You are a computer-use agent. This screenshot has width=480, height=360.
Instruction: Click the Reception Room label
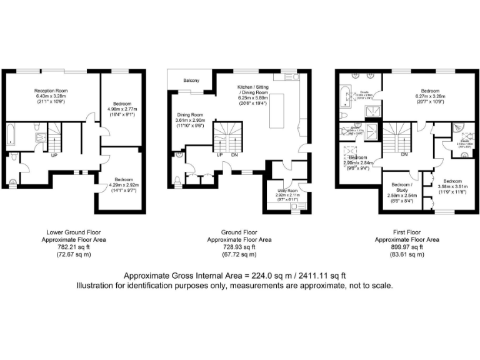51,91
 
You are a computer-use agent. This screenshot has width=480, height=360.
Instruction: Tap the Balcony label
191,81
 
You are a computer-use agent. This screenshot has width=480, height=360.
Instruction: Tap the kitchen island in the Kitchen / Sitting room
276,110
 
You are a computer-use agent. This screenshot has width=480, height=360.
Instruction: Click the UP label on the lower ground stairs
54,155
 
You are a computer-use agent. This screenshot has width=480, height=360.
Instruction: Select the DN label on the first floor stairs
404,154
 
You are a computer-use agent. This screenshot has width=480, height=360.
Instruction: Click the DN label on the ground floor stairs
234,155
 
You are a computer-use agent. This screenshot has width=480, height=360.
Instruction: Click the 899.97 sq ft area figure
406,247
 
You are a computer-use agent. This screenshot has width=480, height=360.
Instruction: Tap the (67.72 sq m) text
240,254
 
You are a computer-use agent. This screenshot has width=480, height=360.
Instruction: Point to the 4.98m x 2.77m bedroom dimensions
122,109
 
